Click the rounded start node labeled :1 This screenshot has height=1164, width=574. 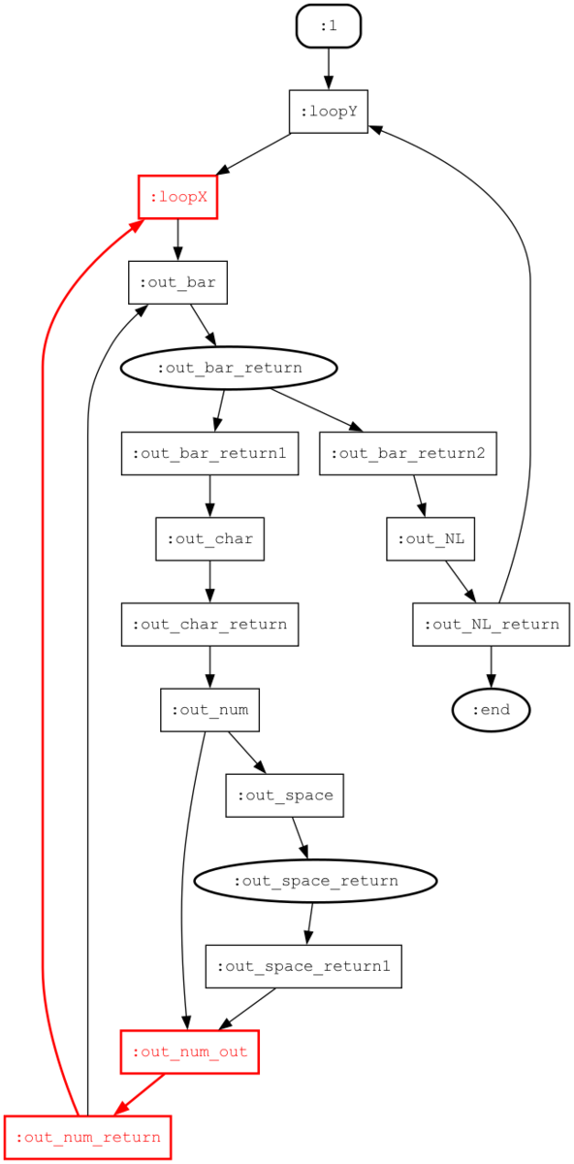click(329, 26)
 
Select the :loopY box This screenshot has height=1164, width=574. click(329, 112)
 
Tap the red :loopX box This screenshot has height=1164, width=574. click(177, 197)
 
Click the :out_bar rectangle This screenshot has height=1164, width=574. click(177, 282)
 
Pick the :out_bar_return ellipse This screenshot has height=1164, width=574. click(229, 368)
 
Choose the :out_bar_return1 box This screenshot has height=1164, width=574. click(209, 453)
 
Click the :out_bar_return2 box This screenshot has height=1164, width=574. click(408, 453)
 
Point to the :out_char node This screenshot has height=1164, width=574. click(209, 539)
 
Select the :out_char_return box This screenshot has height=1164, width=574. click(209, 624)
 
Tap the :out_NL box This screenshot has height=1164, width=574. click(430, 539)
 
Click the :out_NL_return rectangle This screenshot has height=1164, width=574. click(491, 624)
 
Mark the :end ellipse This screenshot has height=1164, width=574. click(491, 710)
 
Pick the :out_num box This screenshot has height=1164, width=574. click(209, 710)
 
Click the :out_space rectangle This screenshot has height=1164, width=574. click(285, 795)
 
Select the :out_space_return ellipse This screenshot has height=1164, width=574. click(315, 881)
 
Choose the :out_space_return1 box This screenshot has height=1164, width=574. click(303, 966)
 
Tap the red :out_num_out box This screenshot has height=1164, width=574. click(190, 1051)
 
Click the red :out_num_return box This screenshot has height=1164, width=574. click(88, 1137)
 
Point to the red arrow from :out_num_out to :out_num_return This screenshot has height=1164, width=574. click(140, 1094)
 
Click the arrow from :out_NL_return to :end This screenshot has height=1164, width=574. click(491, 667)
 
